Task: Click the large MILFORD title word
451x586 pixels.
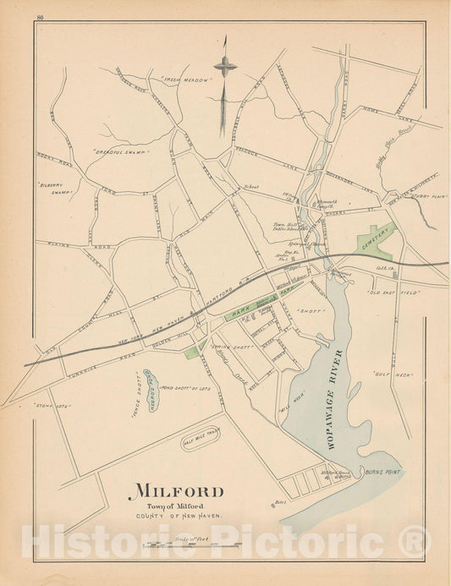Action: (177, 491)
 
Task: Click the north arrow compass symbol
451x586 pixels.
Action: (224, 66)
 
